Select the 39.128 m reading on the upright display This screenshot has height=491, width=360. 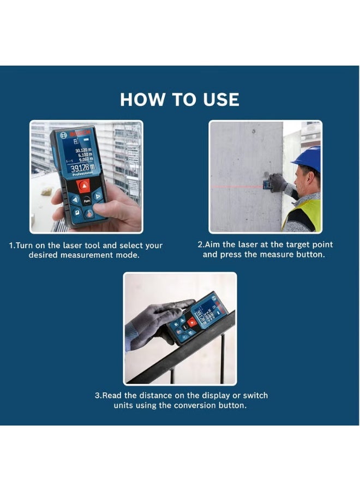point(82,167)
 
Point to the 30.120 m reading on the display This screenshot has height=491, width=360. point(84,149)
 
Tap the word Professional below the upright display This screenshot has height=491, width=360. point(83,174)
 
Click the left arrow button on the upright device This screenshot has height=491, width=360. point(75,199)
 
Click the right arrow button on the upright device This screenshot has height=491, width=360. point(98,195)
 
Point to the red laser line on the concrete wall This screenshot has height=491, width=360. point(240,187)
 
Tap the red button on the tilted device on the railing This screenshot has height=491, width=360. point(192,322)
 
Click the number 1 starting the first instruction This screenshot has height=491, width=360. point(11,246)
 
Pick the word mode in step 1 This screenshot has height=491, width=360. point(129,255)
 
